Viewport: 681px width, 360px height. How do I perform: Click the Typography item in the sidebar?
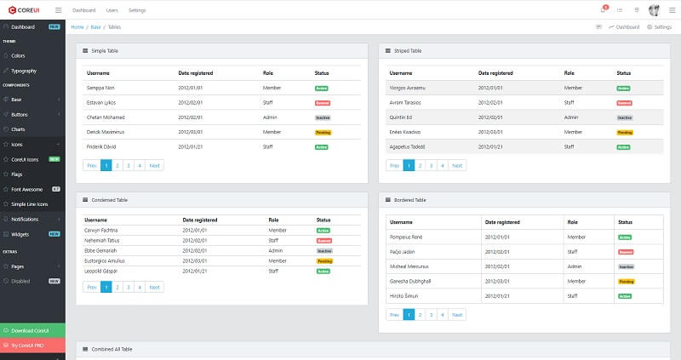[x=24, y=71]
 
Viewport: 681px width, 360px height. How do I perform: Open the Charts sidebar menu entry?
[x=18, y=129]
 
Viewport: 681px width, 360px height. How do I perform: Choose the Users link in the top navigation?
[x=112, y=10]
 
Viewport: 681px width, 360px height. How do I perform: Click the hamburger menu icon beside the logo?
[x=58, y=10]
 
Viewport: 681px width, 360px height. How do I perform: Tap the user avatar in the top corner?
[x=654, y=10]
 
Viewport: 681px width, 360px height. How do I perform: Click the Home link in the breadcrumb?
[x=77, y=27]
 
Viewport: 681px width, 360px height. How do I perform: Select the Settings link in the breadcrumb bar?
[x=660, y=27]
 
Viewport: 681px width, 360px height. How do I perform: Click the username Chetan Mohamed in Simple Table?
[x=106, y=117]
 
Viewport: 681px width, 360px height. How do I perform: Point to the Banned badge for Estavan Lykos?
[x=322, y=103]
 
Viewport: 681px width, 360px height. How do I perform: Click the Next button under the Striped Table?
[x=457, y=166]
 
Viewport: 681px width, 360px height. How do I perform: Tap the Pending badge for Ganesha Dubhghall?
[x=625, y=281]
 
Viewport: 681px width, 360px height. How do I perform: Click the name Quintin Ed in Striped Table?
[x=402, y=117]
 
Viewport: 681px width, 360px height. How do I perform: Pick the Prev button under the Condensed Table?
[x=91, y=288]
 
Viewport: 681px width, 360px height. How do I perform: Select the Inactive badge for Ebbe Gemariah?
[x=323, y=251]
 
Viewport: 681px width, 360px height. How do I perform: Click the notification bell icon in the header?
[x=602, y=10]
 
